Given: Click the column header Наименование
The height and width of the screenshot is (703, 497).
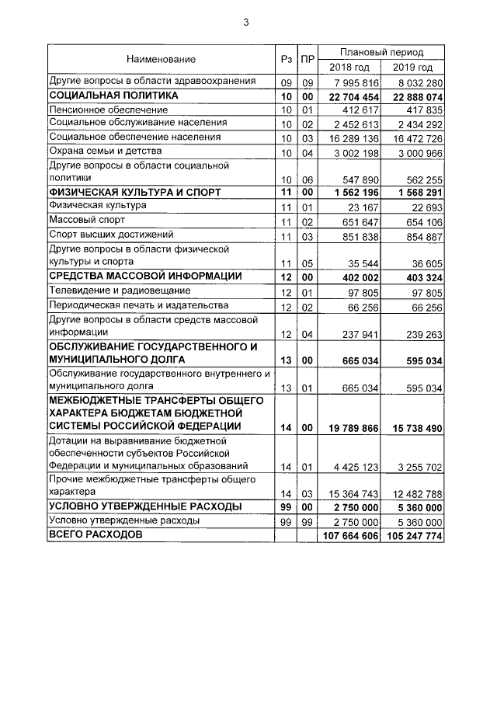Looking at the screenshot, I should [162, 59].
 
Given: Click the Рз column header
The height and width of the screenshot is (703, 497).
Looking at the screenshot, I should [286, 59].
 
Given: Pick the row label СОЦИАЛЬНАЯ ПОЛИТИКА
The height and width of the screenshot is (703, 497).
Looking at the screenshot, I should [113, 96].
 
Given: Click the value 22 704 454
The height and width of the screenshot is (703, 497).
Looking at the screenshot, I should [349, 96].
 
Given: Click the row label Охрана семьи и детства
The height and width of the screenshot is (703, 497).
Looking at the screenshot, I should [105, 151].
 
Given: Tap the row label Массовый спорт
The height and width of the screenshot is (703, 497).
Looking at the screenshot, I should [84, 221].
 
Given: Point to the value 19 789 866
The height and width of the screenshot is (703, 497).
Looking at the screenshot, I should [349, 427].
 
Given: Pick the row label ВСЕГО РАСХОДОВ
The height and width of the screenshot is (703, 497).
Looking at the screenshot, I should [96, 536].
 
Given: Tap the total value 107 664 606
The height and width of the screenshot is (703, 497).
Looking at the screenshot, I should [349, 537].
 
